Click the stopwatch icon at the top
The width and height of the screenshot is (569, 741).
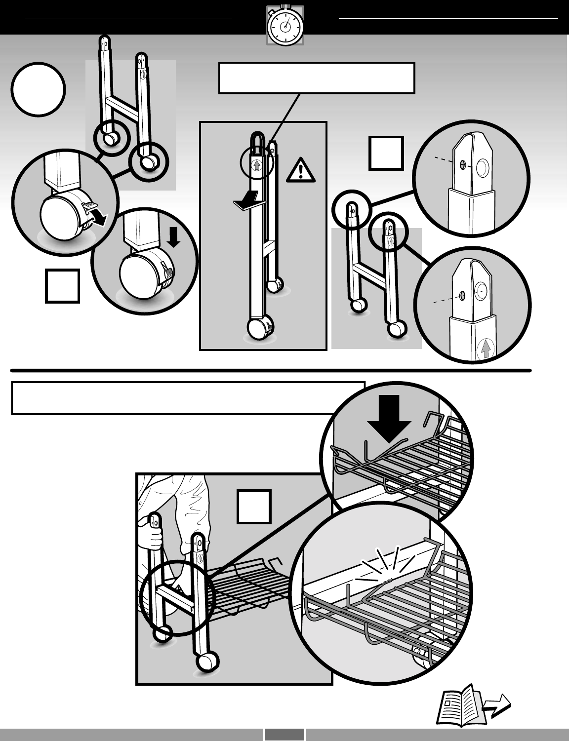coord(285,26)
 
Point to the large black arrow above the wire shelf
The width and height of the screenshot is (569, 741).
coord(390,418)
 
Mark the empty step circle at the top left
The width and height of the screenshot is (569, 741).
coord(39,89)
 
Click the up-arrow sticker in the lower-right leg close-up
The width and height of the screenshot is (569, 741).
coord(486,349)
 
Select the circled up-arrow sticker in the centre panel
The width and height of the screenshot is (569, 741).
coord(257,165)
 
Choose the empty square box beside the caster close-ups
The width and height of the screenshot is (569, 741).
coord(62,285)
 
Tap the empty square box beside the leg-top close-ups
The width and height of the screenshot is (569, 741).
coord(386,153)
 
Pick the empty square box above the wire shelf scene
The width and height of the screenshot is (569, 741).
coord(254,507)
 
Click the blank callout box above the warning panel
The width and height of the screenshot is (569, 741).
coord(316,78)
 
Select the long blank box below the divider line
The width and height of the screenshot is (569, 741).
coord(188,397)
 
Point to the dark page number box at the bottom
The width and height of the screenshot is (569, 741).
coord(284,735)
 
